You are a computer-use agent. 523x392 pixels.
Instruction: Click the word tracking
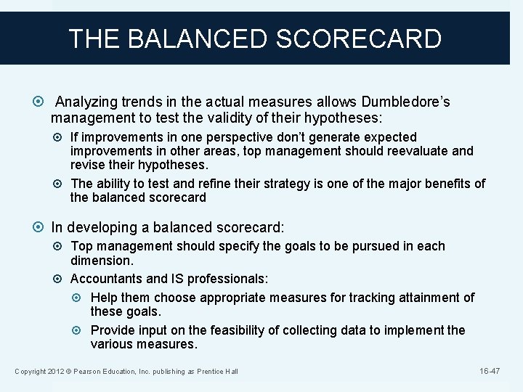pyautogui.click(x=346, y=297)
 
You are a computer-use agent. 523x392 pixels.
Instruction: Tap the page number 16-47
pyautogui.click(x=490, y=371)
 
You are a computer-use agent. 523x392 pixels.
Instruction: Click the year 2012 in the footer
pyautogui.click(x=55, y=372)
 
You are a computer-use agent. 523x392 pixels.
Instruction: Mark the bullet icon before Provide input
pyautogui.click(x=81, y=330)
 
